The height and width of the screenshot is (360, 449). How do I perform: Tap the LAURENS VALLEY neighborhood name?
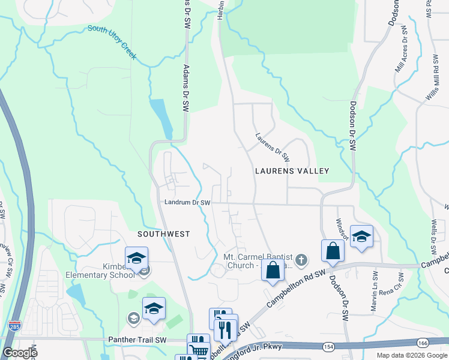(292, 171)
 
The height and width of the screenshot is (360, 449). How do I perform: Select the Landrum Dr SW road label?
(187, 203)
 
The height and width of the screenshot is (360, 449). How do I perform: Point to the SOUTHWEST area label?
(163, 234)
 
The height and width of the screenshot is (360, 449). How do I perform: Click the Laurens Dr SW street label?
(273, 148)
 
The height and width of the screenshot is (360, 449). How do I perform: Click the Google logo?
(20, 353)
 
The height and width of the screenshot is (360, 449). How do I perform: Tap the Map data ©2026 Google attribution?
(411, 355)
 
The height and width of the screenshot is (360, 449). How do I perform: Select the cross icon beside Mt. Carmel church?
(301, 260)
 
